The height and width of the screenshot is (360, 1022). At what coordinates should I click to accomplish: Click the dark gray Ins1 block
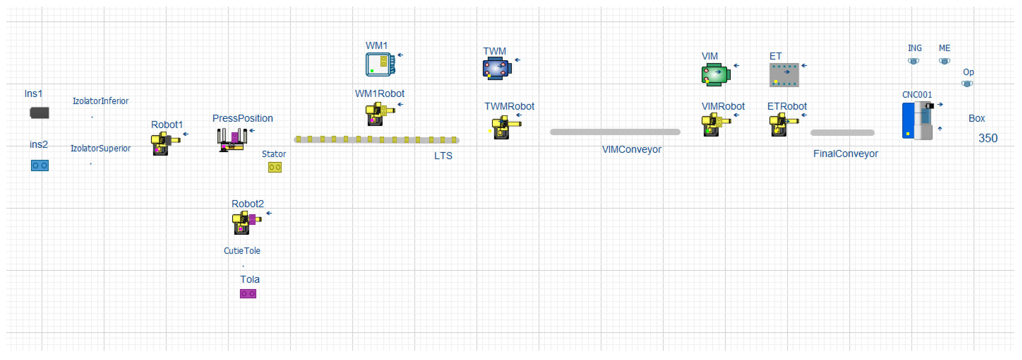40,113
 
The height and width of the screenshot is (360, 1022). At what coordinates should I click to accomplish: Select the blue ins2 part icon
40,166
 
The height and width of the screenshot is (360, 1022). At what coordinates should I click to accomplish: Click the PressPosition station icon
232,140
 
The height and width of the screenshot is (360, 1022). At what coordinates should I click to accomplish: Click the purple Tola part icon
248,294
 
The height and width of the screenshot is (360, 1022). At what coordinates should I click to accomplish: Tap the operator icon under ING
913,61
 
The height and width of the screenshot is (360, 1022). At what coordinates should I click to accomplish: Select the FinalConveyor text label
846,154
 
